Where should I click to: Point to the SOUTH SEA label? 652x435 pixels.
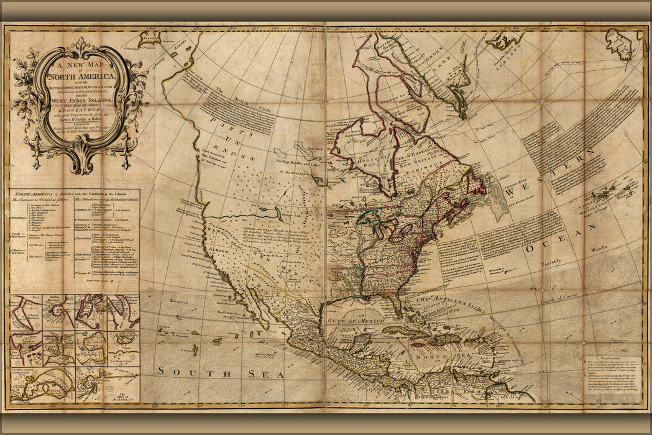(x=220, y=372)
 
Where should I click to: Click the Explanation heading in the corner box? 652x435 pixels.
(x=612, y=360)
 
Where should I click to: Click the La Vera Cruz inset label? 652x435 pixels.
(x=122, y=360)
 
